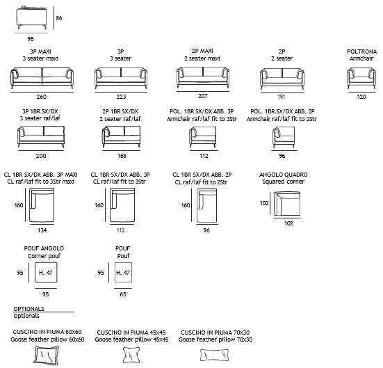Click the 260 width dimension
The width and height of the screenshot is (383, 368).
[x=42, y=97]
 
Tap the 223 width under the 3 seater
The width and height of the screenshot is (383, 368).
[x=121, y=97]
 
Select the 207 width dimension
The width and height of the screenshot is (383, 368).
[x=203, y=96]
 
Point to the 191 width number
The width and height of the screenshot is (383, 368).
[x=282, y=97]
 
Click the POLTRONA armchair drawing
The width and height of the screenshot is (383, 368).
[x=361, y=78]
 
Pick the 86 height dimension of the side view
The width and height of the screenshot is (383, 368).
[x=59, y=18]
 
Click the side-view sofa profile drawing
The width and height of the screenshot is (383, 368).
[x=31, y=17]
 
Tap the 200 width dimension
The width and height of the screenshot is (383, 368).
[x=41, y=156]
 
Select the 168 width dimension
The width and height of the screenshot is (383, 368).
[x=122, y=156]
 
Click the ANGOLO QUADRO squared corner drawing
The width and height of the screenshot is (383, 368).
[x=287, y=204]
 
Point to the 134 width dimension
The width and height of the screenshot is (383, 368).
[x=42, y=230]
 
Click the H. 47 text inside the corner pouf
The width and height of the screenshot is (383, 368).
[x=46, y=273]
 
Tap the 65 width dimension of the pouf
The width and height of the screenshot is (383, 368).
[x=123, y=294]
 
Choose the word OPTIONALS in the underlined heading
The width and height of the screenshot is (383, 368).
[x=28, y=309]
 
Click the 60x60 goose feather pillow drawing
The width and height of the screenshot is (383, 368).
[x=47, y=355]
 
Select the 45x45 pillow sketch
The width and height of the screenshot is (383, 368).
[x=131, y=355]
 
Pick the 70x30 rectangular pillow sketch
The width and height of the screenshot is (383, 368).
[x=215, y=355]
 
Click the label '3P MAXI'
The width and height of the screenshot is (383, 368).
[x=40, y=51]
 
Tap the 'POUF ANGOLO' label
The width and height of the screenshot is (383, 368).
[x=44, y=248]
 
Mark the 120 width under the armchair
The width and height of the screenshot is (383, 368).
[x=361, y=97]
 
